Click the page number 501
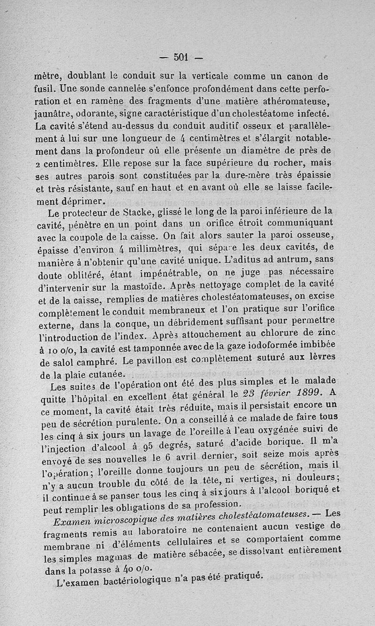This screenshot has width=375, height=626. (x=180, y=57)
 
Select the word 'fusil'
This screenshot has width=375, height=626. (x=45, y=88)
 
